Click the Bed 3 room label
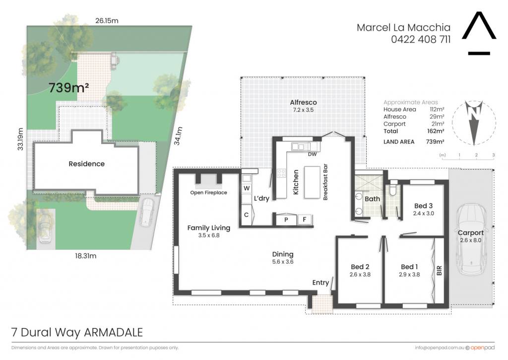click(423, 206)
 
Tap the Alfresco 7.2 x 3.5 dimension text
click(303, 110)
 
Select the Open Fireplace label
click(209, 193)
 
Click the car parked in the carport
click(471, 239)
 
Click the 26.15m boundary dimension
click(107, 21)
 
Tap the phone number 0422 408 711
click(421, 40)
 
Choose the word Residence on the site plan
click(86, 164)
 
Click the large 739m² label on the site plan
click(68, 87)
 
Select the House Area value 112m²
click(437, 110)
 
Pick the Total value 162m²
click(436, 132)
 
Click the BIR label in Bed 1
click(440, 271)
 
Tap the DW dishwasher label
click(313, 154)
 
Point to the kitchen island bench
click(312, 182)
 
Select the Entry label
click(320, 283)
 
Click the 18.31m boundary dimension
click(85, 256)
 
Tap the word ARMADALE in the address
click(114, 332)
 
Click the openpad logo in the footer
click(480, 348)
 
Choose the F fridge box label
click(305, 219)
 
